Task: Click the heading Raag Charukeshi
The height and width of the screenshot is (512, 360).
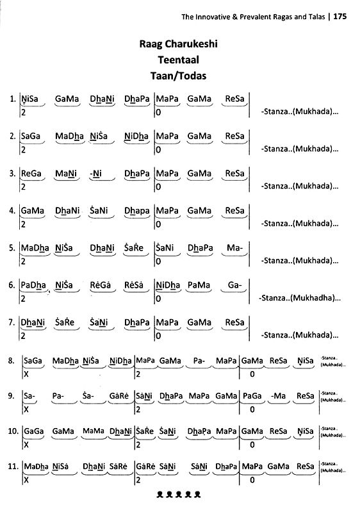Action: click(180, 45)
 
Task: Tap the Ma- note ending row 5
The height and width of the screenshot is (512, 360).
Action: click(234, 247)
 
